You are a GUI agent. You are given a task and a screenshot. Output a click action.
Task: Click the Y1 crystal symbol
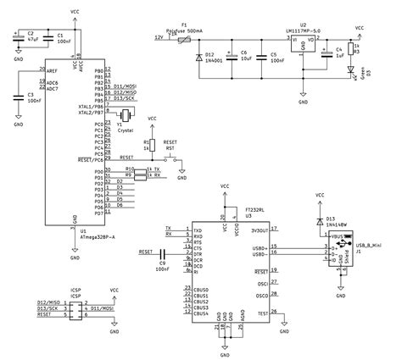[125, 115]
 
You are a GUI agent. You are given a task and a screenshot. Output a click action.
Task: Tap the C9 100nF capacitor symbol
[161, 252]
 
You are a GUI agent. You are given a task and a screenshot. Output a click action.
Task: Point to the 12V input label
[158, 38]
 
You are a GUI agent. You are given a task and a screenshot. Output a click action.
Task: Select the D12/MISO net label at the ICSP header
[49, 302]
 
